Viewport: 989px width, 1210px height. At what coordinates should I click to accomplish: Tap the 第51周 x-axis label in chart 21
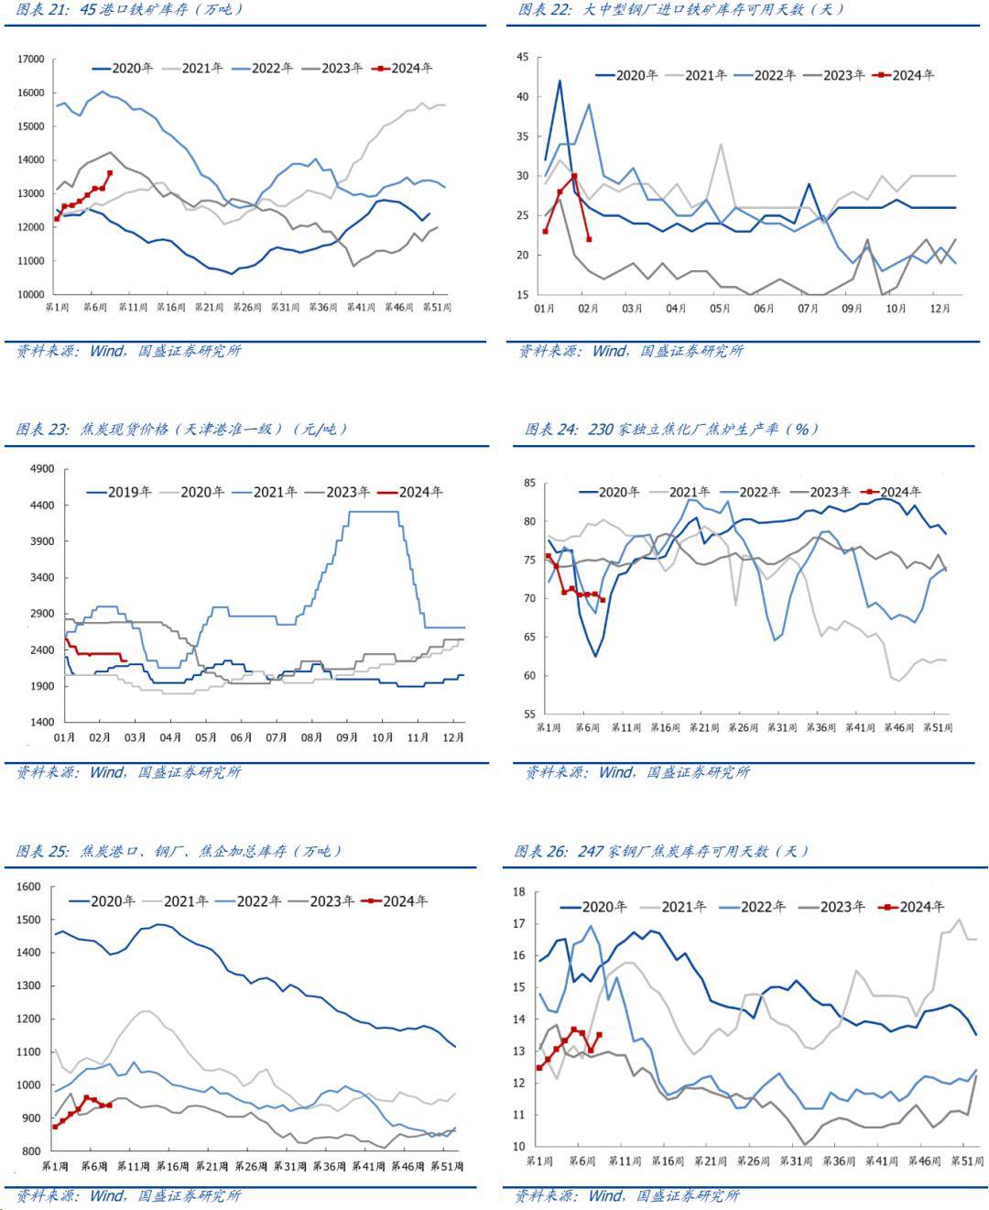435,308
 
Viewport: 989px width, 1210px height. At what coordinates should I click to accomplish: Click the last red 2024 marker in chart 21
110,172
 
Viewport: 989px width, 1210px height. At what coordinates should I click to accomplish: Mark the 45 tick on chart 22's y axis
523,57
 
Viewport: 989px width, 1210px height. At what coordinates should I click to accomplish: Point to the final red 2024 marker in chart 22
589,239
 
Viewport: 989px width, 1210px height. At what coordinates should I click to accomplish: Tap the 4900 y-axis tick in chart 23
42,469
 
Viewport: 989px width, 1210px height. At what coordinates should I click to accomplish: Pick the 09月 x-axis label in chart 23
347,737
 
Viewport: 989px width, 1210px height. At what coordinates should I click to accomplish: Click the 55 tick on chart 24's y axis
528,714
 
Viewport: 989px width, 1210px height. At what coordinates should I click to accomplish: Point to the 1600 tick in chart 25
29,887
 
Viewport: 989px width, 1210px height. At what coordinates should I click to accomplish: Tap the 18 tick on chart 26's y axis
518,891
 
